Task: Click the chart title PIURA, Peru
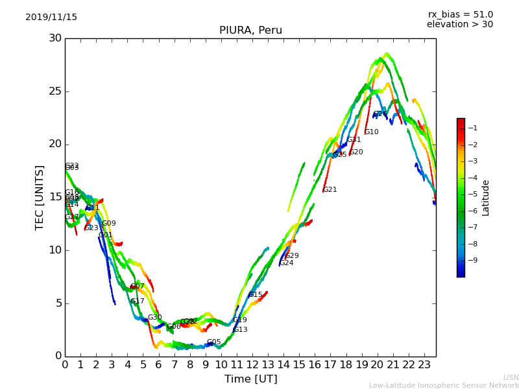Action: click(250, 30)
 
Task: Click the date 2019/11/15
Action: click(51, 18)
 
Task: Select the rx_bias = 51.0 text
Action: click(460, 15)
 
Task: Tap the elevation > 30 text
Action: click(460, 25)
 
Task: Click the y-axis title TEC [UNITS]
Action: click(40, 197)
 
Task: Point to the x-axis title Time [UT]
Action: click(250, 379)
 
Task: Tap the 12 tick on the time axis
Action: click(252, 365)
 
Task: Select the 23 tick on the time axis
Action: click(424, 365)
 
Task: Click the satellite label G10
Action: click(372, 132)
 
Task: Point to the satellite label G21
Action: click(330, 190)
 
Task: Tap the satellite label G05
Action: click(214, 342)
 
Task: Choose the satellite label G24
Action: click(287, 263)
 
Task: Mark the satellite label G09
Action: click(109, 224)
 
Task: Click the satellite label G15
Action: click(256, 295)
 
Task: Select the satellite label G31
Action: click(354, 140)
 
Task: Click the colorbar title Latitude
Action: click(485, 198)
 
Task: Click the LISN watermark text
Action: click(511, 377)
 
